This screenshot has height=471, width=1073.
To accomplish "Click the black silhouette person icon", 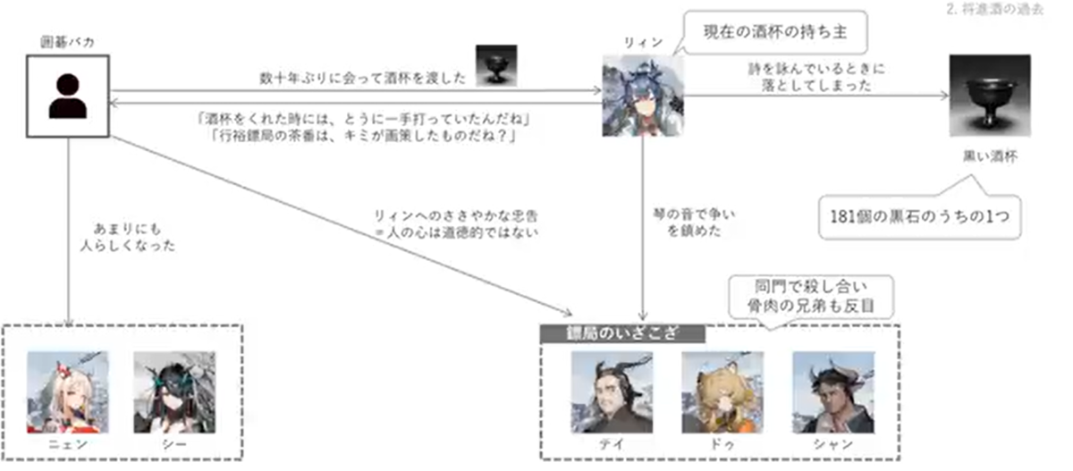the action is (68, 97).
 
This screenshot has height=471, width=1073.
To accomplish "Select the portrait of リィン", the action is (643, 97).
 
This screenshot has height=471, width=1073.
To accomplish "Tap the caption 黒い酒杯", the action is (989, 156).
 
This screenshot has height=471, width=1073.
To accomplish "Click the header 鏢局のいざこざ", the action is (622, 333).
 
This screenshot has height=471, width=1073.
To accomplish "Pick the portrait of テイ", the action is (612, 391).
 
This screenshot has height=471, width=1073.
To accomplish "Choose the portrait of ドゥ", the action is (722, 391).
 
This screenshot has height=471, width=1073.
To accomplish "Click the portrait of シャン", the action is (832, 391).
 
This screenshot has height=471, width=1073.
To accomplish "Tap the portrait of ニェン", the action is (68, 391).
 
